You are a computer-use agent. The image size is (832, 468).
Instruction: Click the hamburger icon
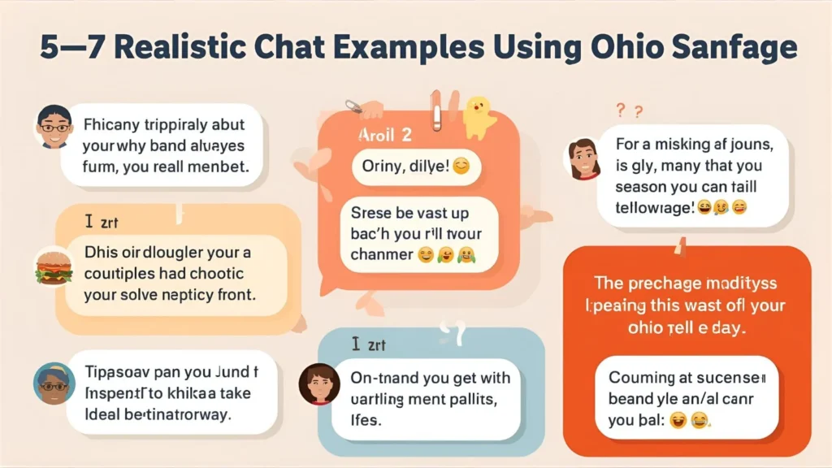51,267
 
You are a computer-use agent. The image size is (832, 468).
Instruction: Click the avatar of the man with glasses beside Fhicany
54,126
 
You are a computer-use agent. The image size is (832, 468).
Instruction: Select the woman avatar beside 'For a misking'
583,158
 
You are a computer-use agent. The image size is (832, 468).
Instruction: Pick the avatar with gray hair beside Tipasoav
54,383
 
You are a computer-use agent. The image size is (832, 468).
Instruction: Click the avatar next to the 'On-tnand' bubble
318,383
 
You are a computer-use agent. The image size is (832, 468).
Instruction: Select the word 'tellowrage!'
655,208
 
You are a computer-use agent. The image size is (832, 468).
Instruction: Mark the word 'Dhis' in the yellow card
98,252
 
